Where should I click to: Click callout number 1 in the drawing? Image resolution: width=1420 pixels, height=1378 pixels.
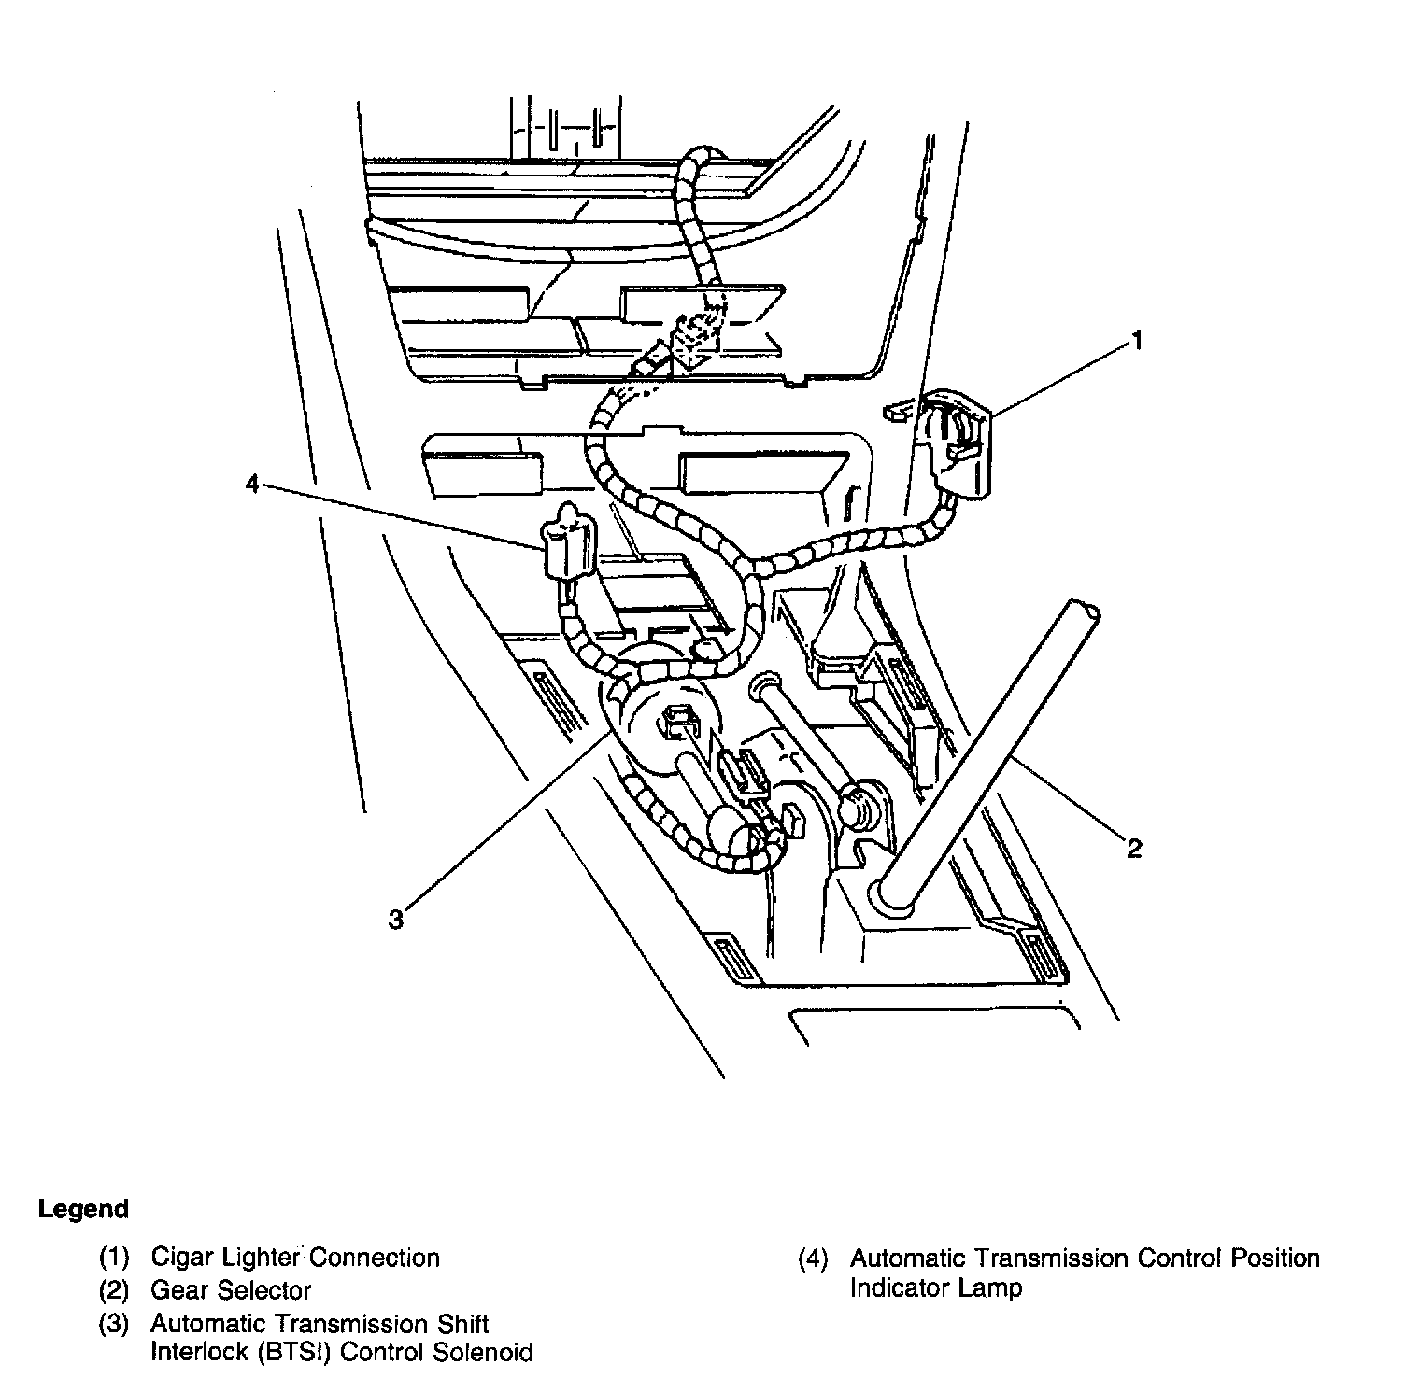tap(1136, 342)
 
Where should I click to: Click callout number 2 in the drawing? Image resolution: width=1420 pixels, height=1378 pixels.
tap(1133, 848)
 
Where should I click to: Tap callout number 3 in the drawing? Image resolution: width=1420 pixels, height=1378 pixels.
tap(396, 920)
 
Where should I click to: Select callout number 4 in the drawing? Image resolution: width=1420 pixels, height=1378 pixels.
tap(251, 484)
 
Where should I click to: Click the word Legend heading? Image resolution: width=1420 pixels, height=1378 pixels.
tap(83, 1209)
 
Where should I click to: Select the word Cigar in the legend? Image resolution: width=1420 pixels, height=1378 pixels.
tap(182, 1258)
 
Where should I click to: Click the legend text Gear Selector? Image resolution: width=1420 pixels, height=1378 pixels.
tap(231, 1290)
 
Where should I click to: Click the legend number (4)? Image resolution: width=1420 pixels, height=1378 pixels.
tap(813, 1258)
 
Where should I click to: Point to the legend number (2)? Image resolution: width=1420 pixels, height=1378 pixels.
tap(114, 1290)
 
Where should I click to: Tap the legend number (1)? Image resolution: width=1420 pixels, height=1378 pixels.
tap(114, 1258)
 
